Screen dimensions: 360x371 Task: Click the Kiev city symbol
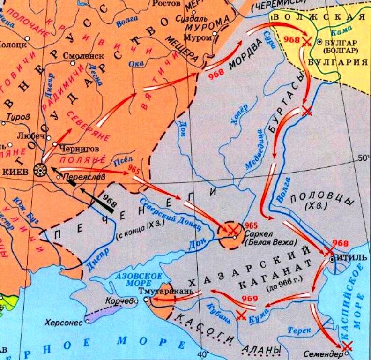(41, 171)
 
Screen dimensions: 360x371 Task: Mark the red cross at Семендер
(347, 346)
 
